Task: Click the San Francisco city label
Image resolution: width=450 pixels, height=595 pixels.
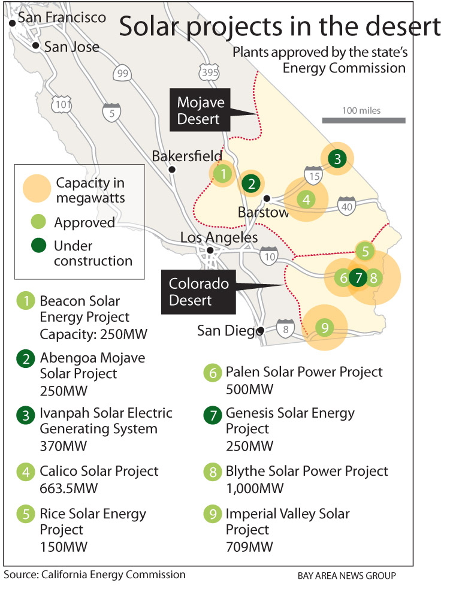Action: pos(62,17)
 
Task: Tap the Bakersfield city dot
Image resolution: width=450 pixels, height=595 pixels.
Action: pos(172,170)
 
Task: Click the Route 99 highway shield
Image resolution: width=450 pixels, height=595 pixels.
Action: pos(122,73)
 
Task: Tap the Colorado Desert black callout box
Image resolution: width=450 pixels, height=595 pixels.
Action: pos(199,291)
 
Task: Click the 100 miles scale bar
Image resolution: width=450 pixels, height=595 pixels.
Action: pos(363,120)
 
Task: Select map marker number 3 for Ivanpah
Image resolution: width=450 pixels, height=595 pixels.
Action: pos(337,159)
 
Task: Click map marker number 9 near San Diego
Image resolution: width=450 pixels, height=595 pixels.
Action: pos(324,327)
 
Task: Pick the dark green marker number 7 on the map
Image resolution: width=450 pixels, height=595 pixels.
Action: pos(358,277)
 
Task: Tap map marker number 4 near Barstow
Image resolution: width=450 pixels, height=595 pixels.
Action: pos(306,199)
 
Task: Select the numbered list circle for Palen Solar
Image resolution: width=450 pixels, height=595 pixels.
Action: pos(212,373)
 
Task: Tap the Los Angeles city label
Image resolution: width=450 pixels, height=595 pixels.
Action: pos(219,238)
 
